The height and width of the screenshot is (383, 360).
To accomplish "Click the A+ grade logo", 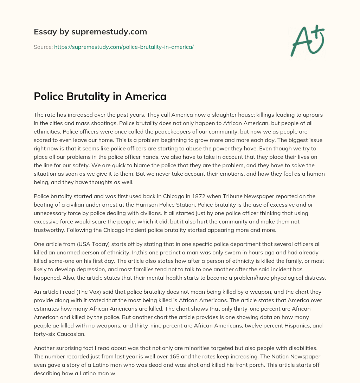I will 307,41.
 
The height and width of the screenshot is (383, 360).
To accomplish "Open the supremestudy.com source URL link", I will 124,47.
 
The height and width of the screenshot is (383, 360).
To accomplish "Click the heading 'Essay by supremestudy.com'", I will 90,32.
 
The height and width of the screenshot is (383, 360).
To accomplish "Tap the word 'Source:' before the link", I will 43,47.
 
